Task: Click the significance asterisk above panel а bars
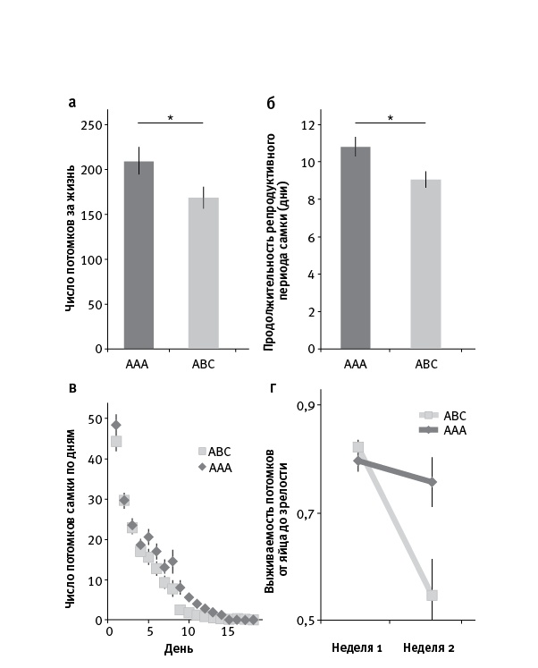[171, 116]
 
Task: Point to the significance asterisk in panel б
[390, 117]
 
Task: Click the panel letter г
[272, 387]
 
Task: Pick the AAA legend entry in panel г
[444, 430]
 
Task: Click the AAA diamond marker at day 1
[115, 426]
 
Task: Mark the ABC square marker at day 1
[115, 441]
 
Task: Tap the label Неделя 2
[430, 647]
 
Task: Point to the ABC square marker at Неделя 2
[433, 595]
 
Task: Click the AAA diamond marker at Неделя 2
[433, 482]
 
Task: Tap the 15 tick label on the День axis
[229, 631]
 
